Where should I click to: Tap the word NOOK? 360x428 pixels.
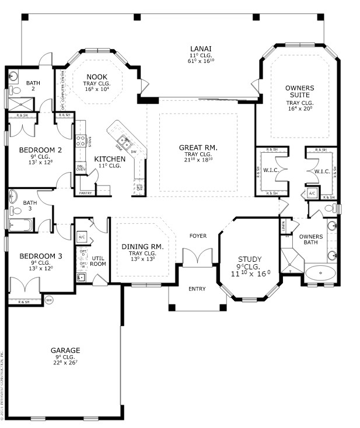96,77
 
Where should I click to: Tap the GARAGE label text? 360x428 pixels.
65,350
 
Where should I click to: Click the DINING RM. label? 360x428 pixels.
142,247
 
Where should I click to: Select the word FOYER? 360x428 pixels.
198,236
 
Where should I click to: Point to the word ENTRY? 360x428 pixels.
197,289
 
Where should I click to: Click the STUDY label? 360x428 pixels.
250,259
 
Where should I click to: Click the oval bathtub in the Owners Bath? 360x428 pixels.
320,273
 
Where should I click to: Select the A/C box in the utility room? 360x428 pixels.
82,237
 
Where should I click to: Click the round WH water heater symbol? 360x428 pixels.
49,301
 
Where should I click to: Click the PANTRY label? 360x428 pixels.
86,192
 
